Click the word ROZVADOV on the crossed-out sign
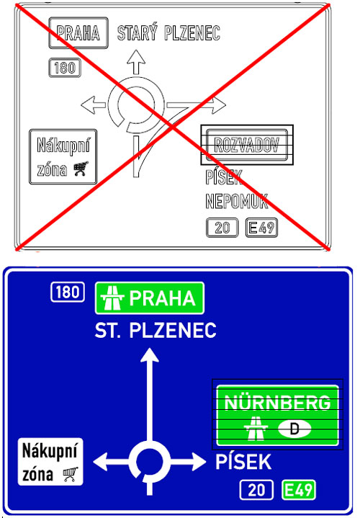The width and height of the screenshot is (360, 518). pos(246,145)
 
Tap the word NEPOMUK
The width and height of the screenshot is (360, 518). pos(236,201)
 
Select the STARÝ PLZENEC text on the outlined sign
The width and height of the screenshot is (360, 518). pos(168,32)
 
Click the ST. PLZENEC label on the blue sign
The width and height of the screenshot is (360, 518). pos(156,330)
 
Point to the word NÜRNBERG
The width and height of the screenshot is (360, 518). pos(277,403)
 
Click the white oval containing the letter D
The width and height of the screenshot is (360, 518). pos(294,429)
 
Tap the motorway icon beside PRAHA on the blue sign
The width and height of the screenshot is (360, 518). pos(112,298)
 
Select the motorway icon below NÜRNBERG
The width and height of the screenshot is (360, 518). pos(256,428)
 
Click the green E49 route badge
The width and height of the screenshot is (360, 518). pos(299,490)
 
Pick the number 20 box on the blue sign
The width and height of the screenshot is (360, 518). pos(256,490)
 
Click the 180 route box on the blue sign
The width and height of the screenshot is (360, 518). pos(68,292)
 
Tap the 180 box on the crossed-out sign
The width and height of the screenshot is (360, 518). pos(65,68)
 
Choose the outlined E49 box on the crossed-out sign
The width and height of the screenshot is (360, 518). pos(261,228)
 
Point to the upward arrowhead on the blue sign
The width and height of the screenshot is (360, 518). pos(150,355)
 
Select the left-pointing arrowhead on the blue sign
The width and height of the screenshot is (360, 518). pos(101,462)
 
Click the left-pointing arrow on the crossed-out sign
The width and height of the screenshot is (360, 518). pos(94,105)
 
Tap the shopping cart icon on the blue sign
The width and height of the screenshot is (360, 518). pos(71,474)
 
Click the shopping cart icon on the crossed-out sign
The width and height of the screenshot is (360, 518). pos(81,169)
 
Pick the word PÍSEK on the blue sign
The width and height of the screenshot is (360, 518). pos(243,462)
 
